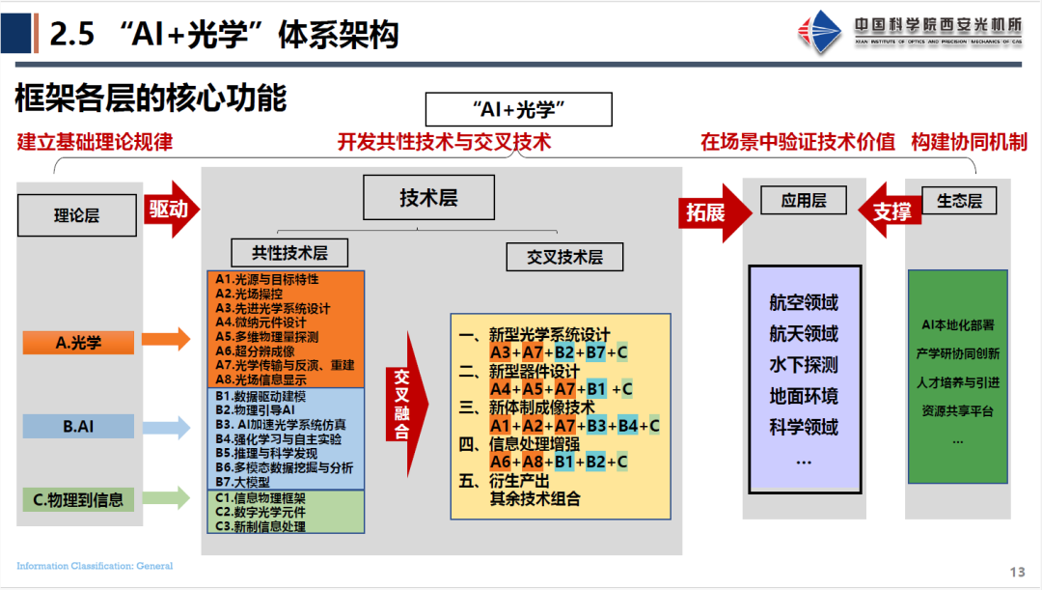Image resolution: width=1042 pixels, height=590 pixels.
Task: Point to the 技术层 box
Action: point(428,199)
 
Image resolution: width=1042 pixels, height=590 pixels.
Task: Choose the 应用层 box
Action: point(804,200)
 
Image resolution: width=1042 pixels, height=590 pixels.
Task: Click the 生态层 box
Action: point(959,200)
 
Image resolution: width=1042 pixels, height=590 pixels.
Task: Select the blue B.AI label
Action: point(79,425)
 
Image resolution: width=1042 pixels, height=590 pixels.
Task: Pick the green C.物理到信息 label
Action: point(79,499)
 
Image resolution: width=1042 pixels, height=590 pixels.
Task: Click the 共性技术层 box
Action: point(289,253)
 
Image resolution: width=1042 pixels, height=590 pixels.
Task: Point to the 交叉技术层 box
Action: point(564,257)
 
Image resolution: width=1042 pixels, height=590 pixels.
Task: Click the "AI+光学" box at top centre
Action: point(519,110)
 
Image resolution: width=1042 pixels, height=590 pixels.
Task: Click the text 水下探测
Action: point(804,365)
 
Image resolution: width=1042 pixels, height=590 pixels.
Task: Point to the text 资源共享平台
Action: point(957,410)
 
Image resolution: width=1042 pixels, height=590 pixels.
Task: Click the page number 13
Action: point(1018,572)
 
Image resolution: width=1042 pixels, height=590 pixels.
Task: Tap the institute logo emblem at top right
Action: point(819,33)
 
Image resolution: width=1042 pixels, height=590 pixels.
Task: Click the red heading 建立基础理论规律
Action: point(95,142)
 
